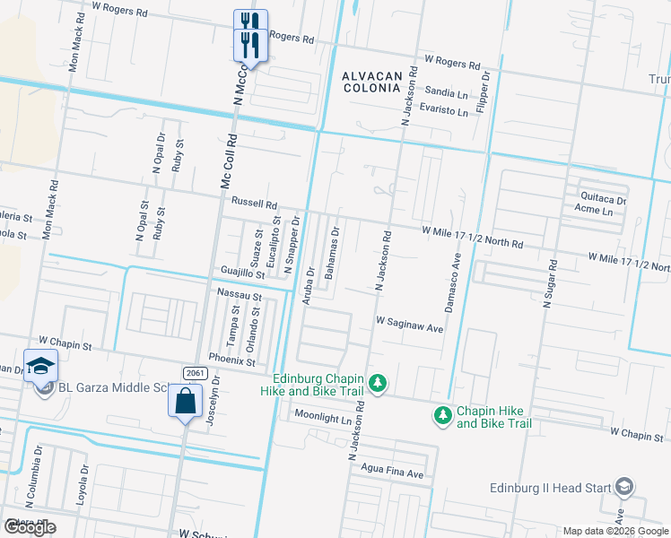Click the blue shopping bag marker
tap(185, 401)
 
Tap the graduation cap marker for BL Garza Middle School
tap(40, 365)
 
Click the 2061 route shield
tap(195, 372)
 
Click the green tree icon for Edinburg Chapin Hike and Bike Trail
tap(378, 384)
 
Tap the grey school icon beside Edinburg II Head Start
tap(624, 488)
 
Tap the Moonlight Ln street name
tap(323, 419)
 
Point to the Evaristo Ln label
tap(446, 112)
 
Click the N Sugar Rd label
tap(552, 284)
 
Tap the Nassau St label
tap(239, 295)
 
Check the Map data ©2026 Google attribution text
tap(614, 531)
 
